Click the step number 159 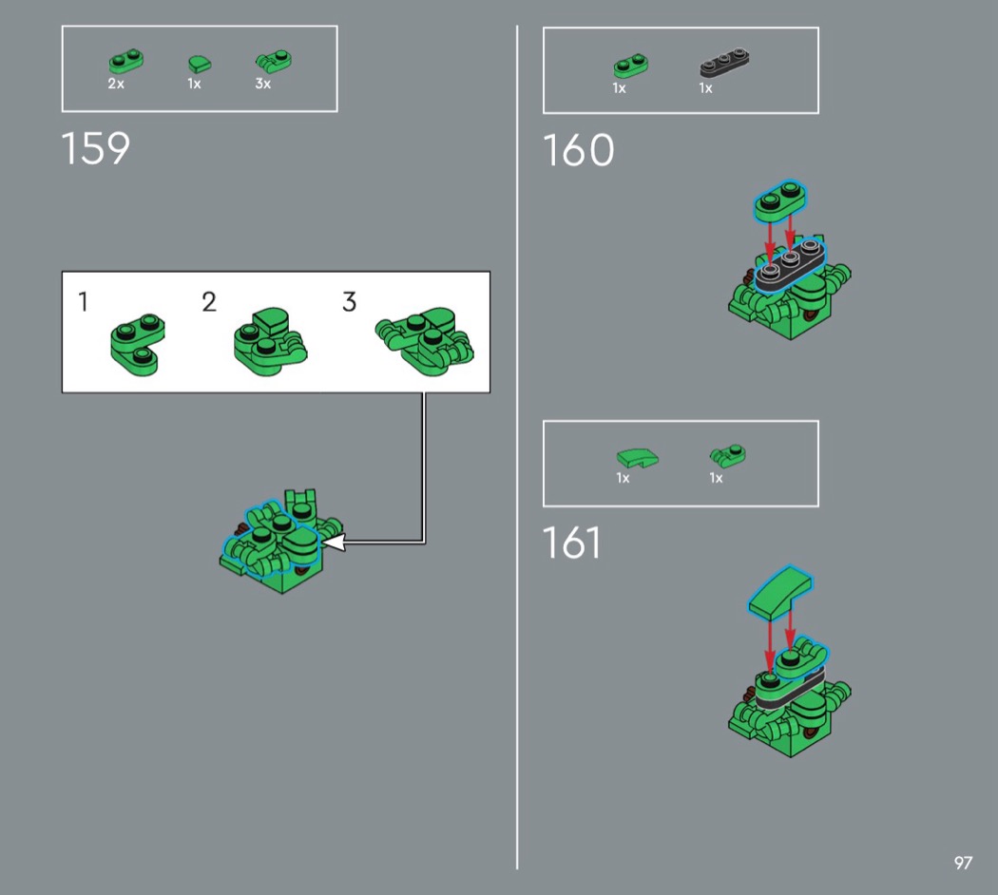[x=95, y=149]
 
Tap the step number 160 [x=578, y=151]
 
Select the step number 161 [x=571, y=543]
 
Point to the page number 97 [x=963, y=863]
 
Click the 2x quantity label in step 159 [x=116, y=84]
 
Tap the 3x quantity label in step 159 [x=263, y=84]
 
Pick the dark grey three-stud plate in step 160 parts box [x=724, y=62]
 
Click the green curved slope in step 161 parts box [x=638, y=458]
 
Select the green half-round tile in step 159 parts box [x=200, y=64]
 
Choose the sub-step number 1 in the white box [x=83, y=301]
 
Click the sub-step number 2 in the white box [x=209, y=301]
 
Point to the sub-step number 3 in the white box [x=349, y=301]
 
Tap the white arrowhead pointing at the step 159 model [x=334, y=543]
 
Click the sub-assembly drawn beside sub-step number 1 [x=138, y=344]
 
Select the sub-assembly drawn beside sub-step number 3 [x=425, y=342]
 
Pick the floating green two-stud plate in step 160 [x=780, y=201]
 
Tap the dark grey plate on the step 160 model [x=791, y=267]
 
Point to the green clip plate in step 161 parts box [x=728, y=455]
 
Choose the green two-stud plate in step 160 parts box [x=631, y=67]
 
